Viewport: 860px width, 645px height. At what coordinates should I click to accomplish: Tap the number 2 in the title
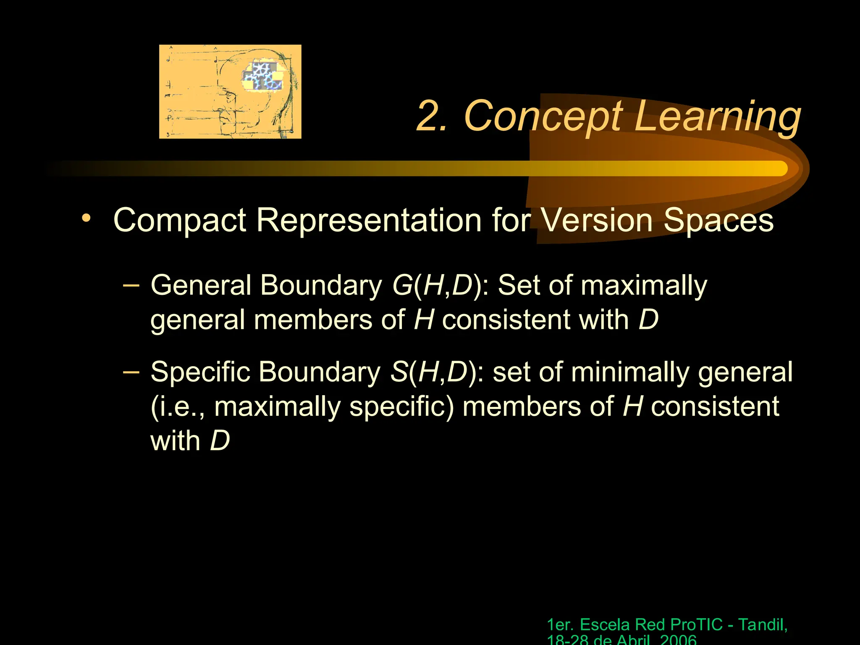pos(430,116)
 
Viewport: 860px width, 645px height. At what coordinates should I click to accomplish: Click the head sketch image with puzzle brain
pos(230,92)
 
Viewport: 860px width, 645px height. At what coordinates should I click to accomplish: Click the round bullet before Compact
pos(86,218)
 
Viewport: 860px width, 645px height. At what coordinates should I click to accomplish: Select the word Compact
pos(179,220)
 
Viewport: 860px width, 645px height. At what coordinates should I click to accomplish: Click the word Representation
pos(369,220)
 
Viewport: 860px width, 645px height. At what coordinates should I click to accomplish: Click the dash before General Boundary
pos(131,285)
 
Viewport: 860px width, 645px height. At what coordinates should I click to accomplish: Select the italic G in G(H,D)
pos(402,286)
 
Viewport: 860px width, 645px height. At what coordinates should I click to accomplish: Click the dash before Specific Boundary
pos(131,372)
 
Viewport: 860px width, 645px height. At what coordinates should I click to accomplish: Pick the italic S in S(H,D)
pos(399,372)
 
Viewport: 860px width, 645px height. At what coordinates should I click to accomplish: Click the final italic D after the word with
pos(220,441)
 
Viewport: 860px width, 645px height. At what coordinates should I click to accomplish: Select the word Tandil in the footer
pos(762,624)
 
